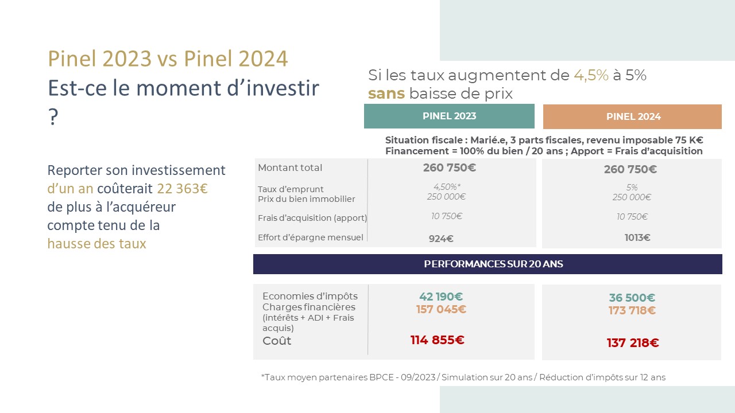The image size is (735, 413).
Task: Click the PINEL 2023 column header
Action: (x=449, y=116)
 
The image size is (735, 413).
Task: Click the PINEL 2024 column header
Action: (x=632, y=116)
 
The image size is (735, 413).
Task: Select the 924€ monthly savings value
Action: (x=441, y=239)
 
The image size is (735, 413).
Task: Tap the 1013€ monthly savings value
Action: (x=637, y=237)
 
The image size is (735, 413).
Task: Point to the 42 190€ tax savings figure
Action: (x=441, y=297)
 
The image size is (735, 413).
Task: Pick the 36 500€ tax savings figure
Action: (x=632, y=298)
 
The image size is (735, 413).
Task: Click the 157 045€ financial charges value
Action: (x=441, y=309)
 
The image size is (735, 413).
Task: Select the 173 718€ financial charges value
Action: (x=632, y=310)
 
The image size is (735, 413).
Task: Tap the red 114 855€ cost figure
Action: (x=438, y=340)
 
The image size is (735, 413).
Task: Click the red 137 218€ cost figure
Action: (x=633, y=343)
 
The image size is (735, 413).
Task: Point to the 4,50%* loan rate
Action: (x=447, y=187)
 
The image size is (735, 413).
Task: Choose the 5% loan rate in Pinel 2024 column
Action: (x=632, y=188)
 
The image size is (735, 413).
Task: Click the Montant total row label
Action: (x=290, y=168)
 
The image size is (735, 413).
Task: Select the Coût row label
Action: (x=277, y=341)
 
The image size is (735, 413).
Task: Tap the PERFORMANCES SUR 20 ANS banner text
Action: (x=493, y=264)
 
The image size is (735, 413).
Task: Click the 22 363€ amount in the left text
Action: (x=182, y=189)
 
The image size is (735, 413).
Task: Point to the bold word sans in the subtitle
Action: (x=386, y=93)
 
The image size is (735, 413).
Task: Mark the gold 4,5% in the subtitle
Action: (x=591, y=75)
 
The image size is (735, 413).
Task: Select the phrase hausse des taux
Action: (x=96, y=244)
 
